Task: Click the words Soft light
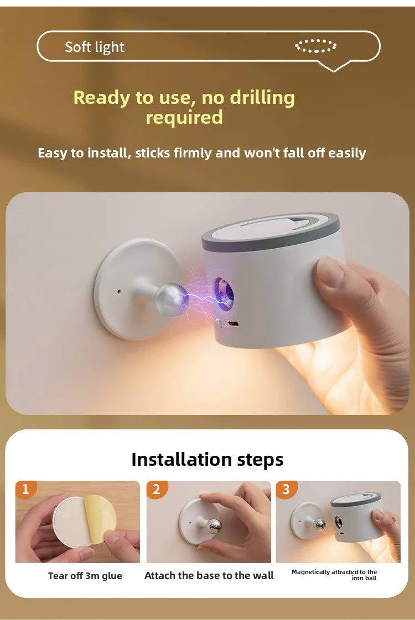tap(95, 47)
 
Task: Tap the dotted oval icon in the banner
tap(315, 45)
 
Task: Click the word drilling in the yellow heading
tap(262, 97)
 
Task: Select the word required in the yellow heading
tap(184, 117)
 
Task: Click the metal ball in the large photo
tap(171, 298)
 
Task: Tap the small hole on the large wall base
tap(119, 291)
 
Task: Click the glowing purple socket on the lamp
tap(225, 292)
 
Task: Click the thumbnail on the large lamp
tap(329, 274)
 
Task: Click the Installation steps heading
tap(207, 459)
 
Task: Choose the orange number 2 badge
tap(157, 490)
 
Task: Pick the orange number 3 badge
tap(286, 490)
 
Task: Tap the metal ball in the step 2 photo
tap(213, 526)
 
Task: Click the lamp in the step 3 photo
tap(354, 518)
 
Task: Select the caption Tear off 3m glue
tap(85, 576)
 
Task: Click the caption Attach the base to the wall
tap(209, 576)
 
